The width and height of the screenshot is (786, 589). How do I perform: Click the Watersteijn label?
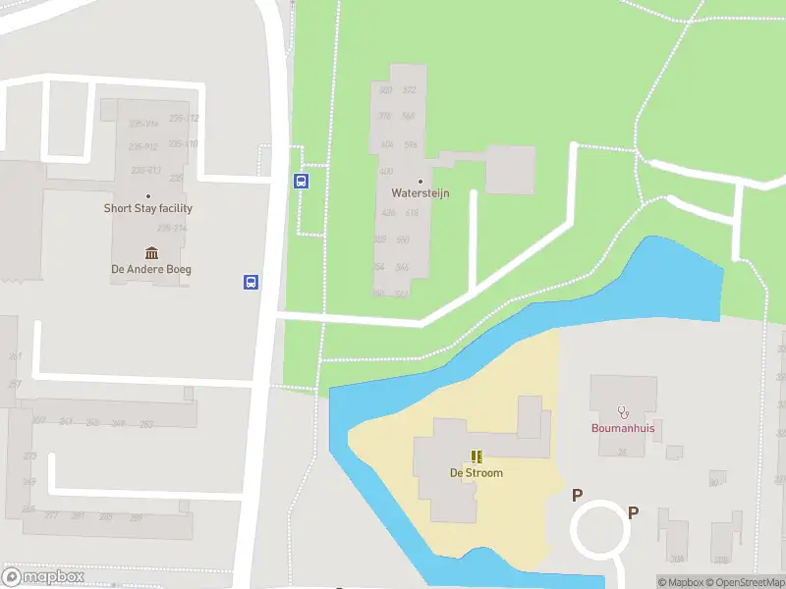click(421, 193)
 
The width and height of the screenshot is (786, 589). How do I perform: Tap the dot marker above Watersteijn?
click(421, 181)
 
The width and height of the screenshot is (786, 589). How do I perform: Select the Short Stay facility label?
click(148, 208)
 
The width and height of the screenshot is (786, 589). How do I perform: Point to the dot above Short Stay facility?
click(148, 196)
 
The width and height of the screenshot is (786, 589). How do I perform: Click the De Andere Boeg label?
click(151, 269)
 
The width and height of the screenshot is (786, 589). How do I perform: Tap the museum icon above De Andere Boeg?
click(151, 254)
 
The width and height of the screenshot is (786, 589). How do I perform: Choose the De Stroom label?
click(477, 473)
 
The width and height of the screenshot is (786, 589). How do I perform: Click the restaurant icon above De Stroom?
click(477, 456)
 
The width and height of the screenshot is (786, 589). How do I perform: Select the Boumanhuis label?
click(622, 428)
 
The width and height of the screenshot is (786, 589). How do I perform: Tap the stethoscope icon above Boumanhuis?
click(622, 411)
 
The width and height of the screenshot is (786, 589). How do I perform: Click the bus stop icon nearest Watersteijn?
click(302, 181)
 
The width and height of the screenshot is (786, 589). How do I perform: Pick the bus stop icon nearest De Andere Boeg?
click(252, 283)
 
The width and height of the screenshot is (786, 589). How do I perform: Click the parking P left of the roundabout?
click(578, 497)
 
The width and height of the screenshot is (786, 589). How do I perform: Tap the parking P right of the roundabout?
click(634, 512)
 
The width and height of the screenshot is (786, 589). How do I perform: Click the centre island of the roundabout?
click(600, 530)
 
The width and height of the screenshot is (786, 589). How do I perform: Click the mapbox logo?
click(43, 577)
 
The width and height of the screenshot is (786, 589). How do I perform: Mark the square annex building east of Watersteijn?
click(511, 170)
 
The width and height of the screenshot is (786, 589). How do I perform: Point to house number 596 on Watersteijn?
click(411, 145)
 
